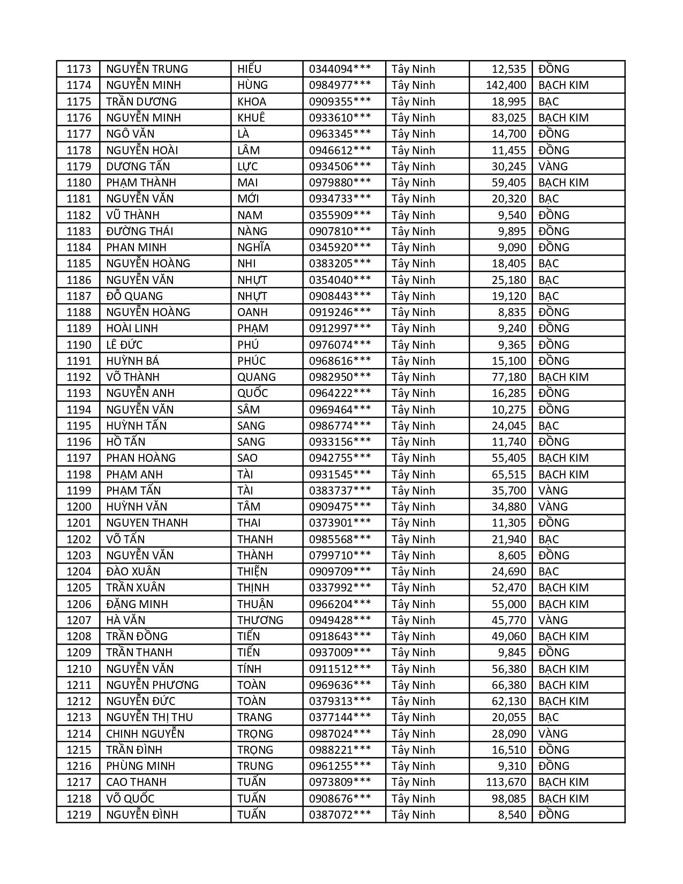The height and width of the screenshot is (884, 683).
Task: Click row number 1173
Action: [79, 69]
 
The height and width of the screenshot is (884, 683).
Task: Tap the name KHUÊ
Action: [251, 118]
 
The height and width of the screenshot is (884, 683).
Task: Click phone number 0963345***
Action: [340, 134]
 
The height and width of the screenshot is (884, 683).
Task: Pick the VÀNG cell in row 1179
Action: [553, 166]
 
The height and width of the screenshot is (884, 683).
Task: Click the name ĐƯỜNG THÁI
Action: [139, 231]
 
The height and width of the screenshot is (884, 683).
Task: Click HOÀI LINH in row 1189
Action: [132, 328]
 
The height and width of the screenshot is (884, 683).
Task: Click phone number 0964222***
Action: [340, 393]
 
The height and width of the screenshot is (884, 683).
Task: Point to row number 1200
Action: [79, 507]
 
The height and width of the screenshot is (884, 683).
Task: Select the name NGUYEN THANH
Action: [147, 523]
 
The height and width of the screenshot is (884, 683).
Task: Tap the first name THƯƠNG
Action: [260, 620]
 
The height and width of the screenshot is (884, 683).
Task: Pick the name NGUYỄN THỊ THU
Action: [149, 717]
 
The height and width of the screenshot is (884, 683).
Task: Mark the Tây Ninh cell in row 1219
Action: [413, 815]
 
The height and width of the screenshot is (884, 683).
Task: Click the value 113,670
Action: [506, 782]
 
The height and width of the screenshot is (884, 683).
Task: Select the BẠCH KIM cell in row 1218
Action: [563, 799]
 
